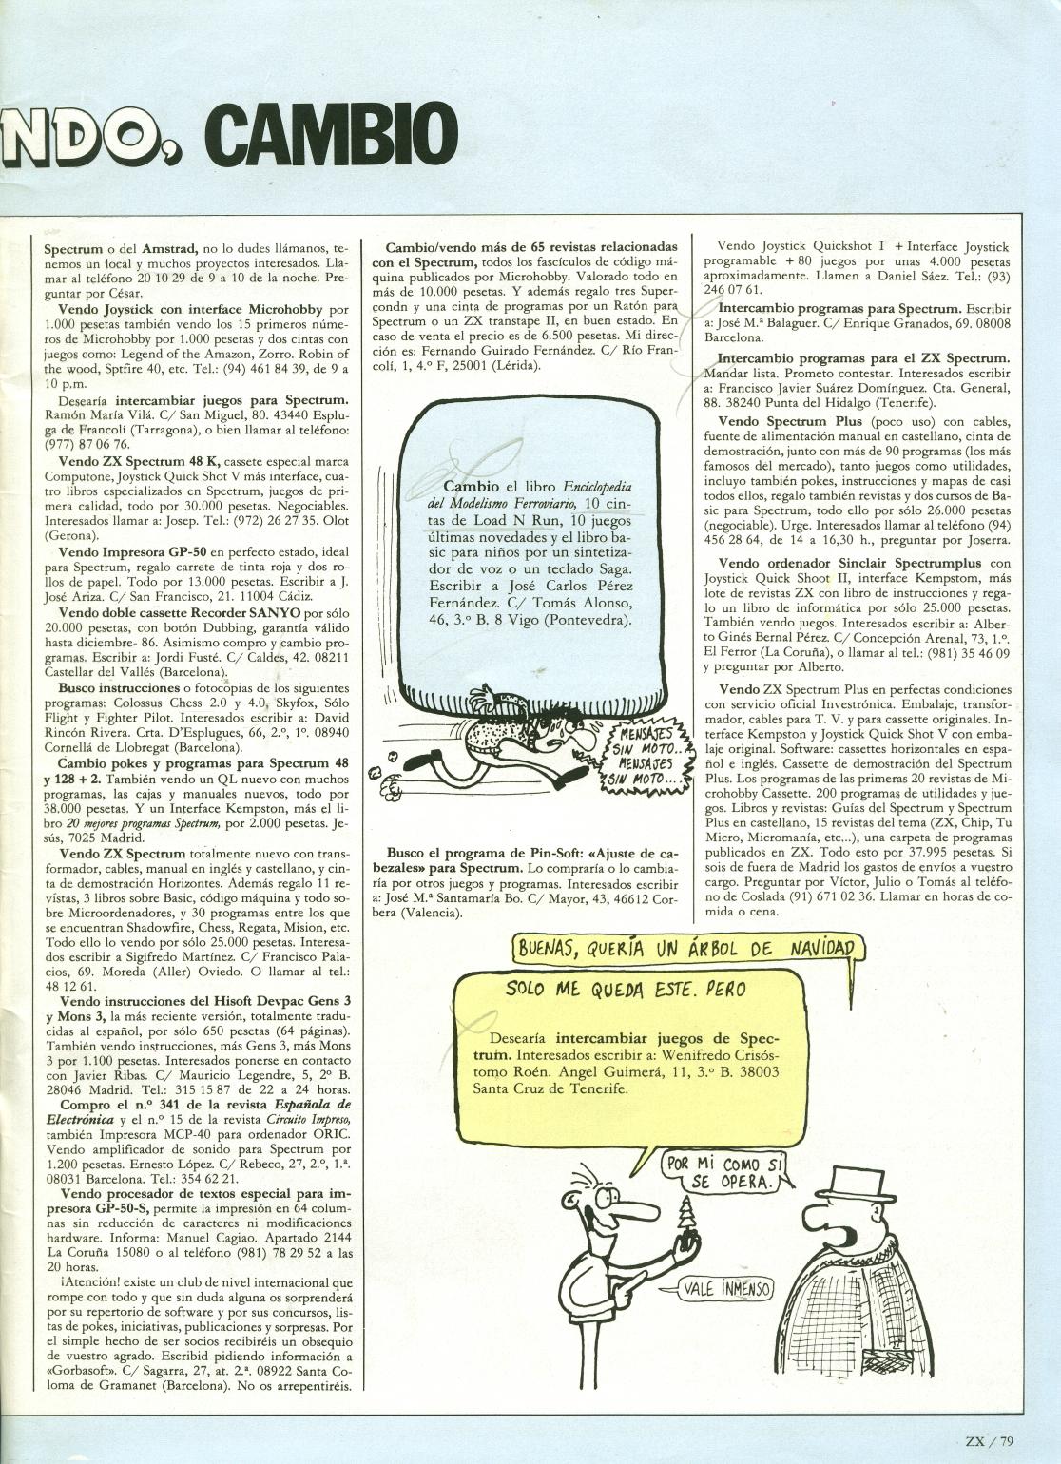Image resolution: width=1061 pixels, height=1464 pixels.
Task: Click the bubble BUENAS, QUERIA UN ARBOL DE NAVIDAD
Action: pyautogui.click(x=689, y=948)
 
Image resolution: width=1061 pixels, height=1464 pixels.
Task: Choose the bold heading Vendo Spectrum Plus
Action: pyautogui.click(x=790, y=421)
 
